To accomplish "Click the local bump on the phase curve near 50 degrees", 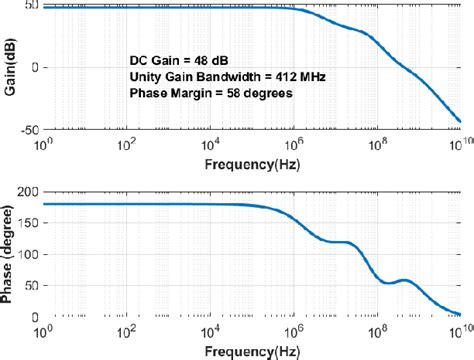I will (404, 280).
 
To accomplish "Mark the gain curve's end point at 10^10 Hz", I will (459, 122).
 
